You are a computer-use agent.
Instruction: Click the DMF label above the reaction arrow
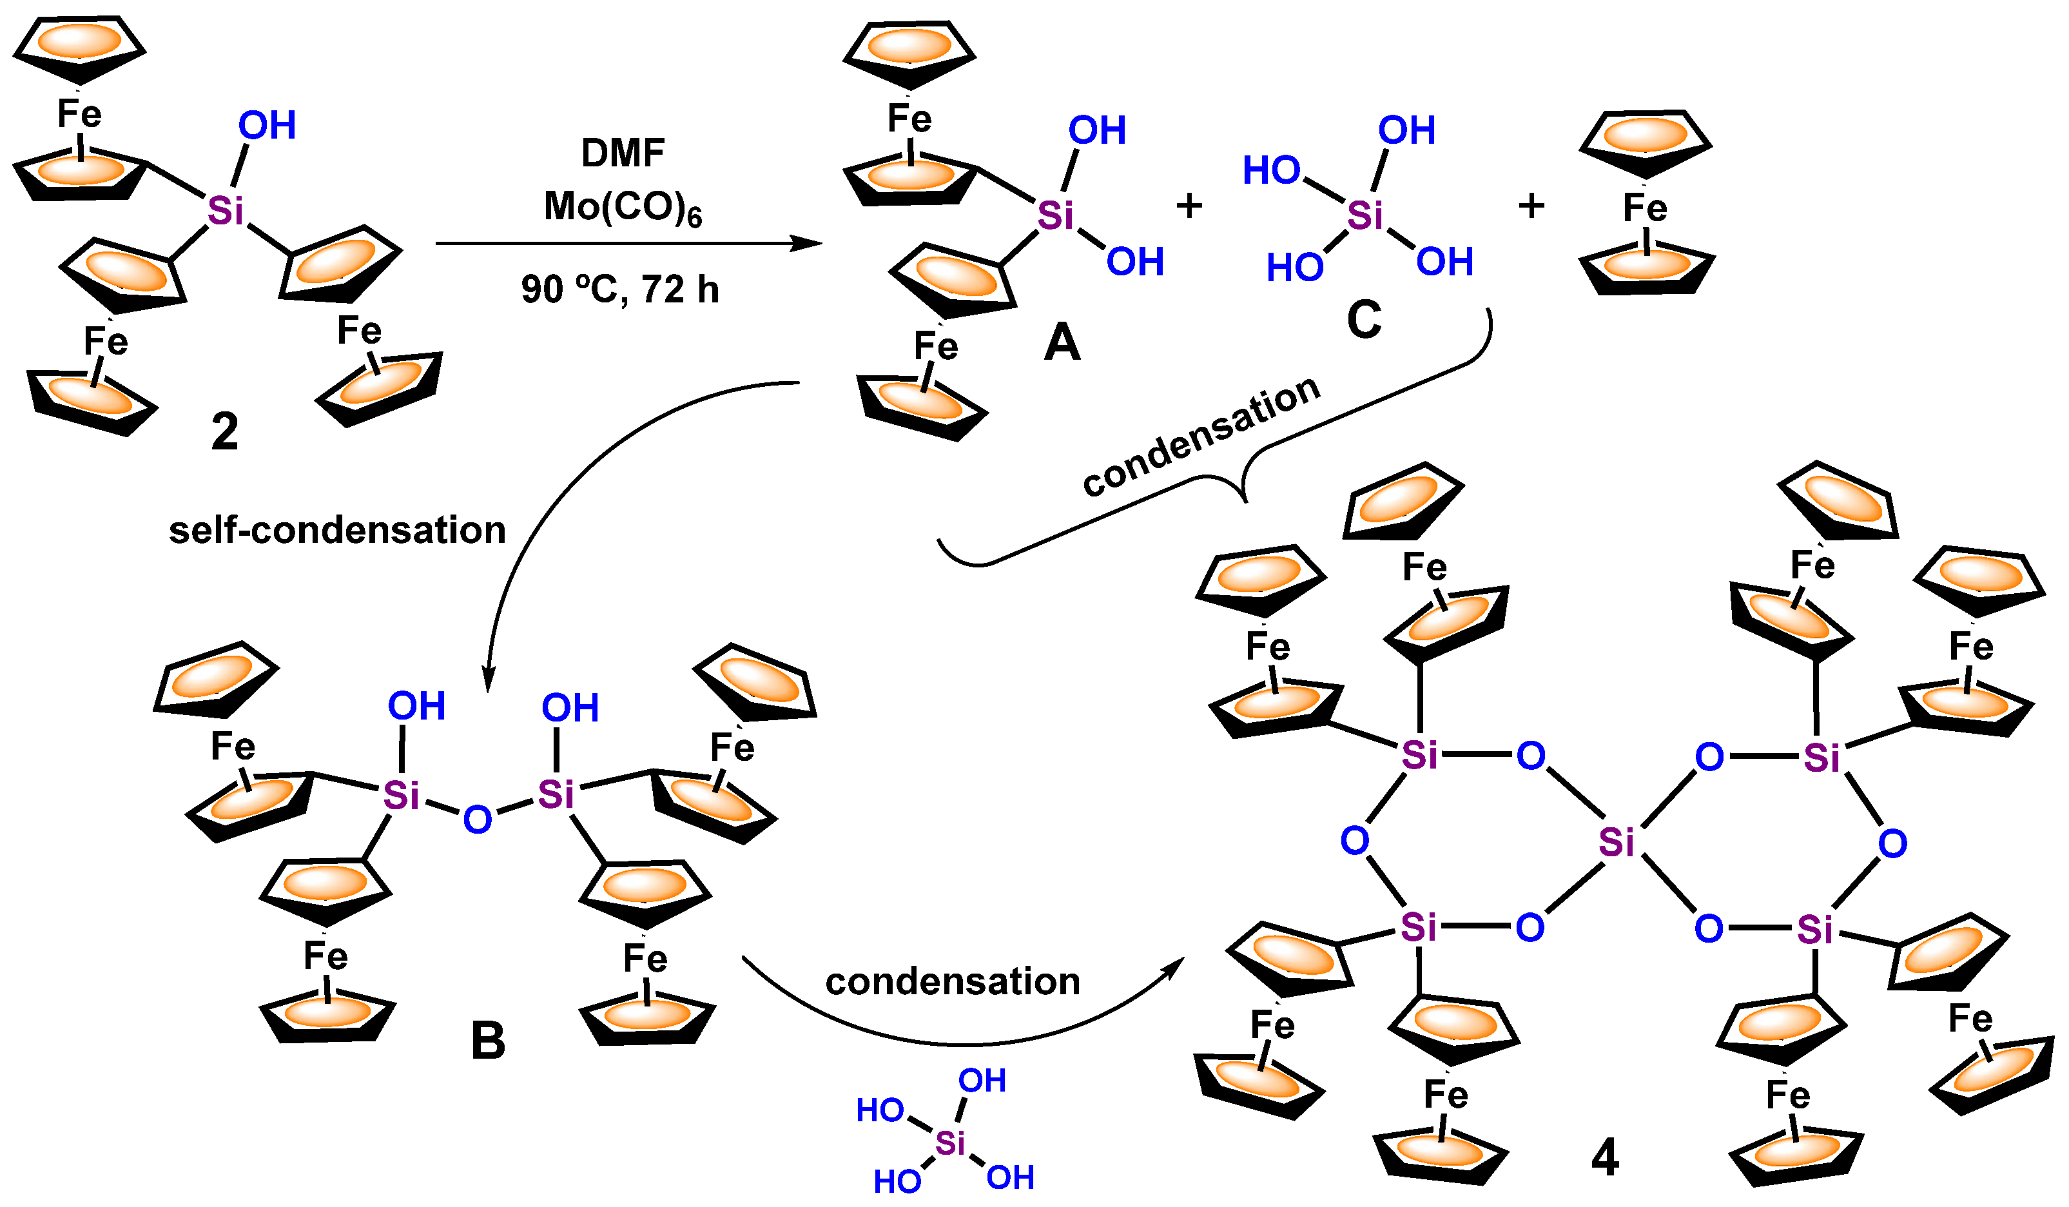[623, 153]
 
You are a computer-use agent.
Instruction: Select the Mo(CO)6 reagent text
[623, 207]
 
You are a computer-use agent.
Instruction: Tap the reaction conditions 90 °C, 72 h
[620, 289]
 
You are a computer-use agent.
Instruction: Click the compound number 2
[225, 432]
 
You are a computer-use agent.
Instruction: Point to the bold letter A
[1062, 342]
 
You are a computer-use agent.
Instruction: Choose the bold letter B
[488, 1041]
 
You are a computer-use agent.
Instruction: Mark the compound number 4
[1605, 1159]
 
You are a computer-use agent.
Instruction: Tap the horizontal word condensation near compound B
[953, 982]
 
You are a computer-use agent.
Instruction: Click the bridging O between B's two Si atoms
[477, 819]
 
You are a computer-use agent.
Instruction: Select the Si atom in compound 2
[225, 211]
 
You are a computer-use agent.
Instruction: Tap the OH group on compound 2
[267, 126]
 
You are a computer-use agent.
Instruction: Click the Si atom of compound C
[1365, 215]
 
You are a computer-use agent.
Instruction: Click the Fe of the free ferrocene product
[1644, 208]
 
